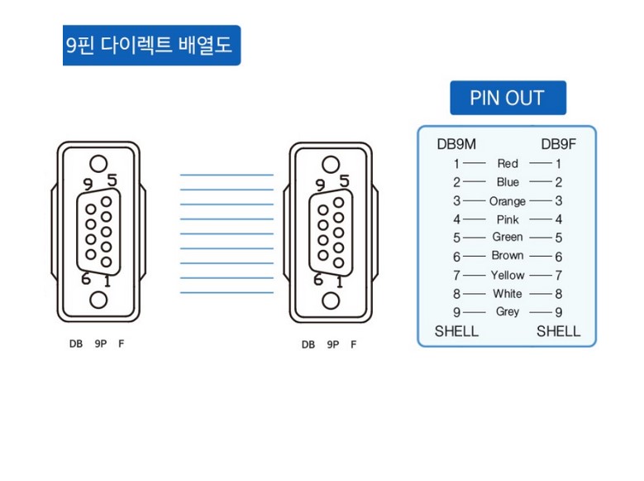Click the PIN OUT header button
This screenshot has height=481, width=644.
pyautogui.click(x=508, y=98)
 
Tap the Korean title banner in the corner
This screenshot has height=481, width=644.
pyautogui.click(x=151, y=45)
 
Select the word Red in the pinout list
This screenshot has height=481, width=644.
pyautogui.click(x=508, y=164)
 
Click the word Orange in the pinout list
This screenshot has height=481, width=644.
pyautogui.click(x=507, y=201)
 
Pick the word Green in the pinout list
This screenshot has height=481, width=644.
pyautogui.click(x=508, y=238)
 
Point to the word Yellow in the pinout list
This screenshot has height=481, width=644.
pyautogui.click(x=508, y=275)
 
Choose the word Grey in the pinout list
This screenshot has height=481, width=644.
pyautogui.click(x=508, y=312)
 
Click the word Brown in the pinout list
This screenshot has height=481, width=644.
pyautogui.click(x=508, y=256)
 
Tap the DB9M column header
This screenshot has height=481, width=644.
pyautogui.click(x=456, y=144)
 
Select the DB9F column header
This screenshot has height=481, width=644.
pyautogui.click(x=558, y=144)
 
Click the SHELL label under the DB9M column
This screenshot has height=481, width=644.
pyautogui.click(x=456, y=332)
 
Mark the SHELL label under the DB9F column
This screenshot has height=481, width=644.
pyautogui.click(x=558, y=332)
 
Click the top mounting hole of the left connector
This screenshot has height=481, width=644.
pyautogui.click(x=98, y=164)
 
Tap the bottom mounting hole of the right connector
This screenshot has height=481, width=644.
pyautogui.click(x=331, y=300)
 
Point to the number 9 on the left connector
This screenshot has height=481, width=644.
pyautogui.click(x=88, y=184)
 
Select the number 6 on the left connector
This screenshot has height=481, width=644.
pyautogui.click(x=86, y=279)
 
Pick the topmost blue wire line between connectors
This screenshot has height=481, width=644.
pyautogui.click(x=227, y=176)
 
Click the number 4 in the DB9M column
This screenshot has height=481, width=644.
pyautogui.click(x=456, y=219)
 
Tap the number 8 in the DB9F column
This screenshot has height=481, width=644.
pyautogui.click(x=559, y=294)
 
